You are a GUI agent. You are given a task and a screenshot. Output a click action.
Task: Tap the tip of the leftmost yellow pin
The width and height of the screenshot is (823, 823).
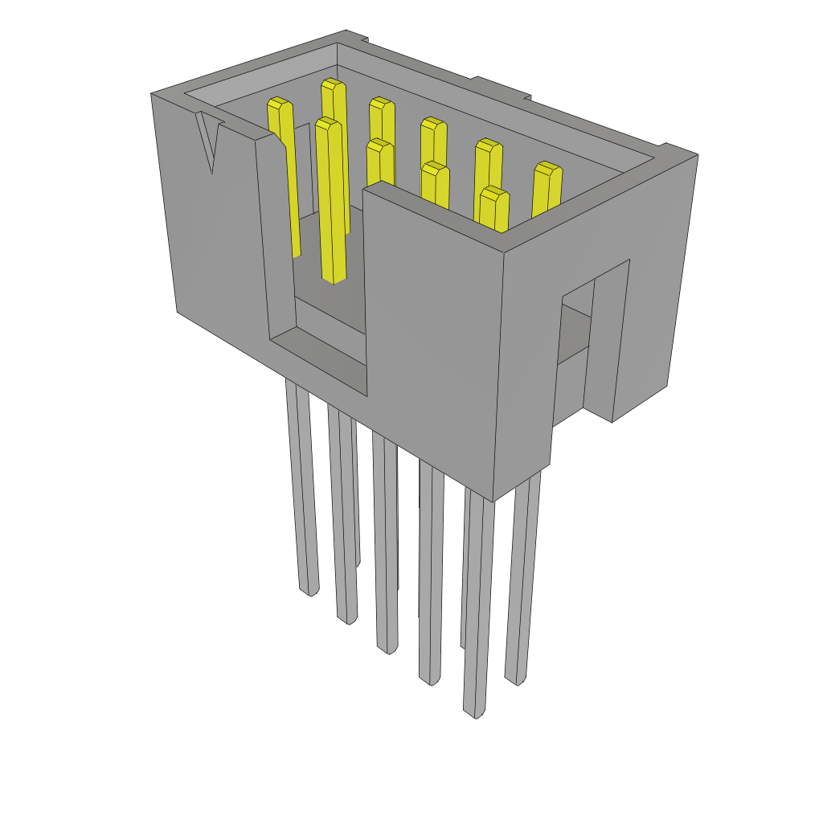[279, 103]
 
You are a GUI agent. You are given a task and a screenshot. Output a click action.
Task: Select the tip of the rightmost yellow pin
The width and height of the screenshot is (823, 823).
[547, 168]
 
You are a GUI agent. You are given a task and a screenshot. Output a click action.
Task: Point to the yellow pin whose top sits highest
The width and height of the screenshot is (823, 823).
[333, 84]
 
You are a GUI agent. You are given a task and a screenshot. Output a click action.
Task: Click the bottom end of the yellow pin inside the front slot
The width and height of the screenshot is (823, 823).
[334, 277]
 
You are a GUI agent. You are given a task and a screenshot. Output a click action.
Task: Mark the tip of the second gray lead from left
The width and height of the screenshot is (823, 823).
[346, 620]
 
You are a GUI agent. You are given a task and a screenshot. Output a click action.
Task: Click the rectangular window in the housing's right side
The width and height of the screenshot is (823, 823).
[575, 338]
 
